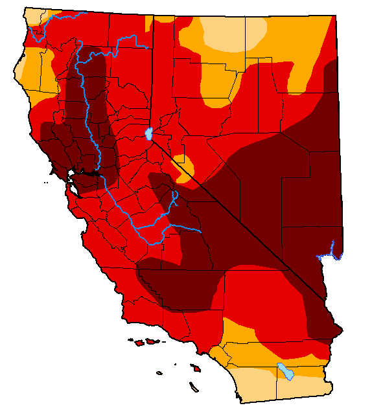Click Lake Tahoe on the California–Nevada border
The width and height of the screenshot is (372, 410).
(x=148, y=134)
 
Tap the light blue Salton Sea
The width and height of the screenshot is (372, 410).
(x=285, y=372)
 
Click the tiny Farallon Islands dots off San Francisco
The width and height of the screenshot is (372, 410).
(x=45, y=183)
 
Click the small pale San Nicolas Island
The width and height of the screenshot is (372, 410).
(x=160, y=372)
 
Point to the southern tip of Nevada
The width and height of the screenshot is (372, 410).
(x=323, y=299)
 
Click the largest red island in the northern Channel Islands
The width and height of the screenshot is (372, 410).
(x=151, y=341)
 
